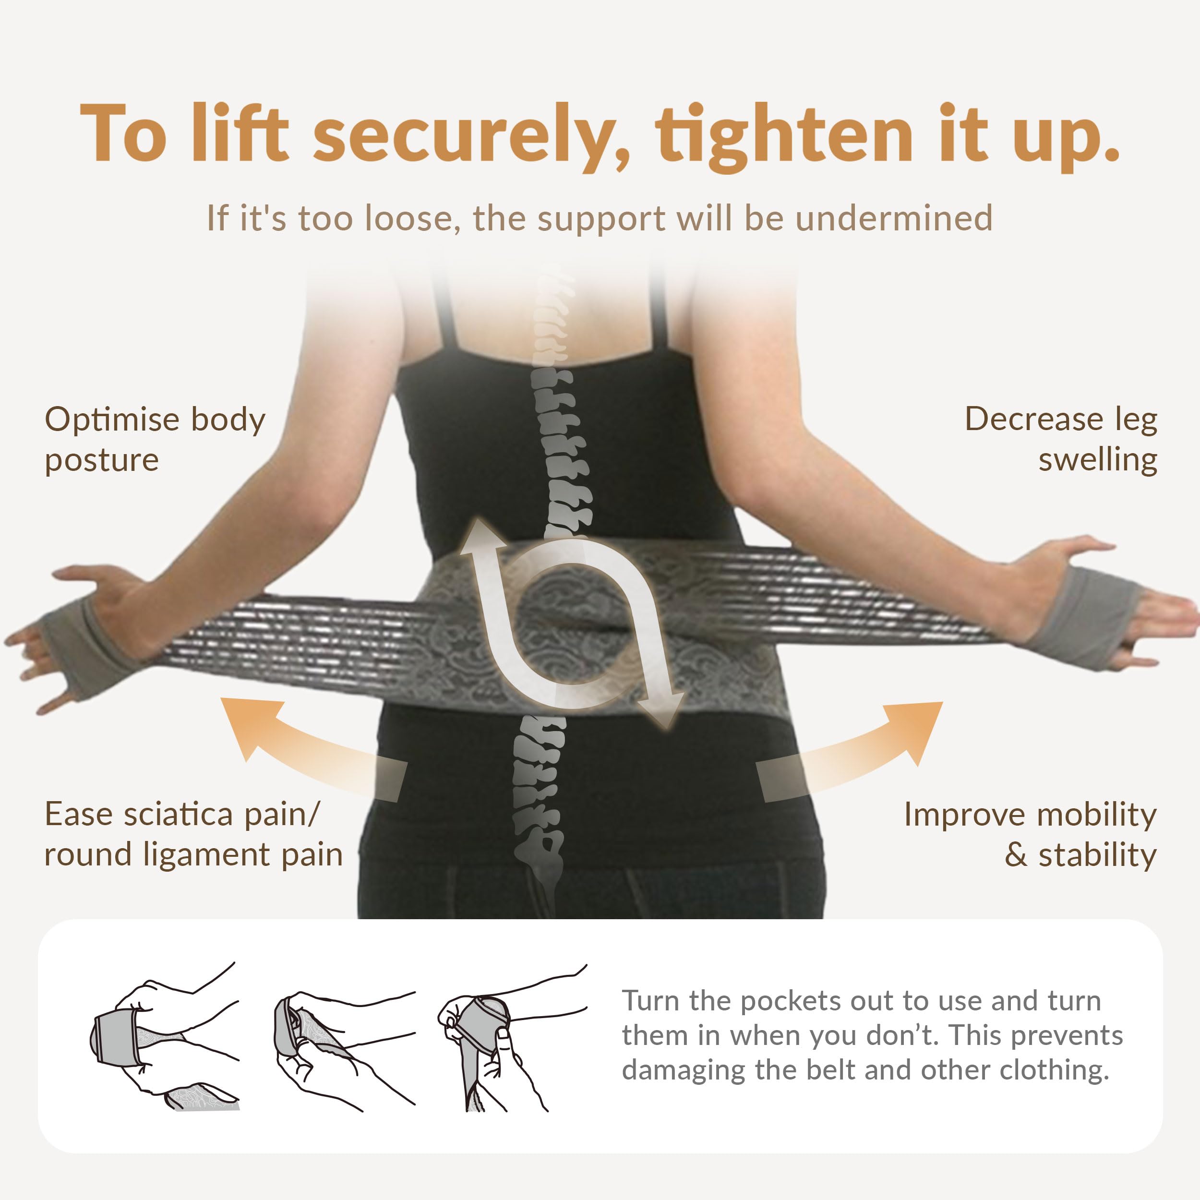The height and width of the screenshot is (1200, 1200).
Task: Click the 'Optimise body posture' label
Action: pyautogui.click(x=155, y=439)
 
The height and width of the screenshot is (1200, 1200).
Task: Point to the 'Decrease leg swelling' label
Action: pyautogui.click(x=1061, y=439)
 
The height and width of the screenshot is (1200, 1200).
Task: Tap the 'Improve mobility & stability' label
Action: pyautogui.click(x=1031, y=834)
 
